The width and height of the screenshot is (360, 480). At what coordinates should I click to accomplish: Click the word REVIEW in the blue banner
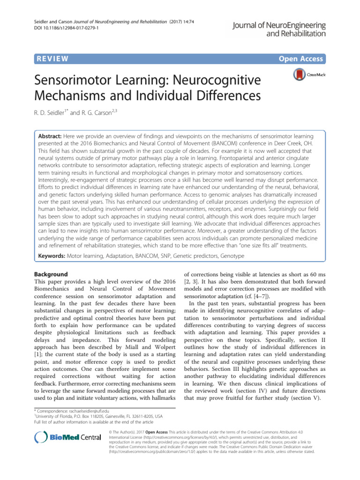(52, 59)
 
